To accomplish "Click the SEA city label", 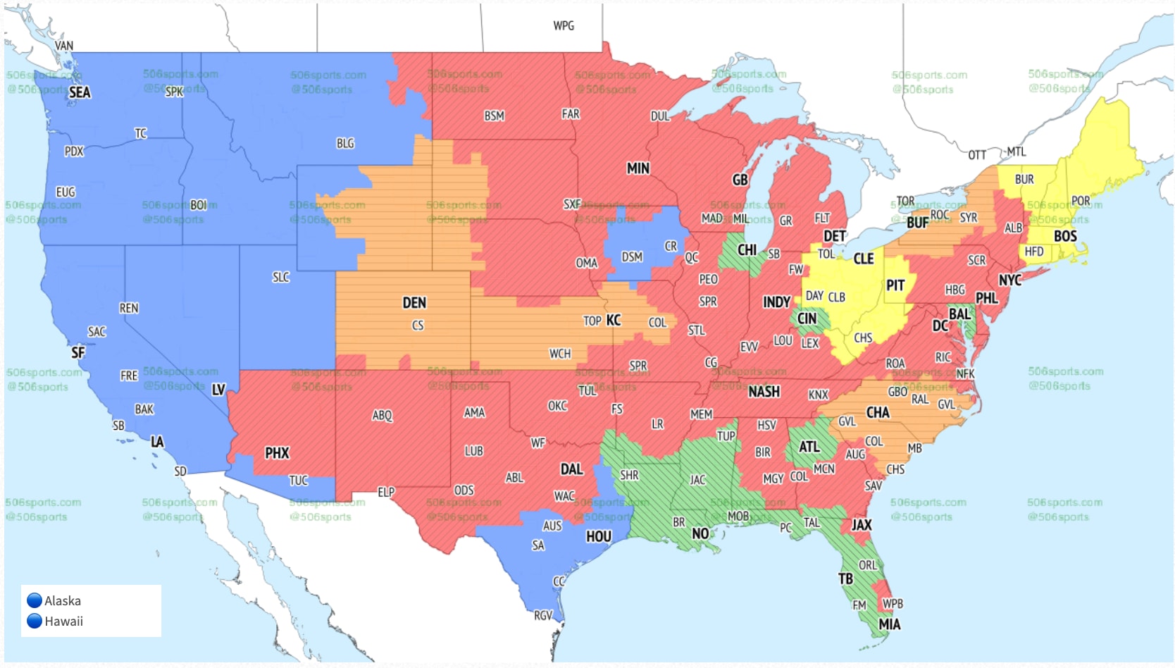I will (80, 92).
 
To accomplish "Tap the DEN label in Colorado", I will (414, 303).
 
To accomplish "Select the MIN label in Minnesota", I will (638, 168).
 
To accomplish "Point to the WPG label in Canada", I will (564, 26).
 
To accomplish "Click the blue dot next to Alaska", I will (35, 600).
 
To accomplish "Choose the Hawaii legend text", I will (64, 621).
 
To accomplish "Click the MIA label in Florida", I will (889, 624).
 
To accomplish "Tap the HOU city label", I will (599, 537).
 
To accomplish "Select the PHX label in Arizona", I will (277, 453).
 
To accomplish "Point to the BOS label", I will (1065, 237).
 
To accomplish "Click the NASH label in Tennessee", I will (764, 392).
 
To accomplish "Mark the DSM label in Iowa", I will (632, 257).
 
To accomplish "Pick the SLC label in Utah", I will (281, 278).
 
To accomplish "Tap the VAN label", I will (64, 46).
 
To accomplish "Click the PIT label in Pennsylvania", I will (895, 285).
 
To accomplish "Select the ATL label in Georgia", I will (809, 447).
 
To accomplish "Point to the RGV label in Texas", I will (543, 615).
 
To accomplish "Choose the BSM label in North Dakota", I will (494, 116).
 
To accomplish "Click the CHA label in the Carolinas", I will (878, 412).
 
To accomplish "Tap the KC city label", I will (614, 321).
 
